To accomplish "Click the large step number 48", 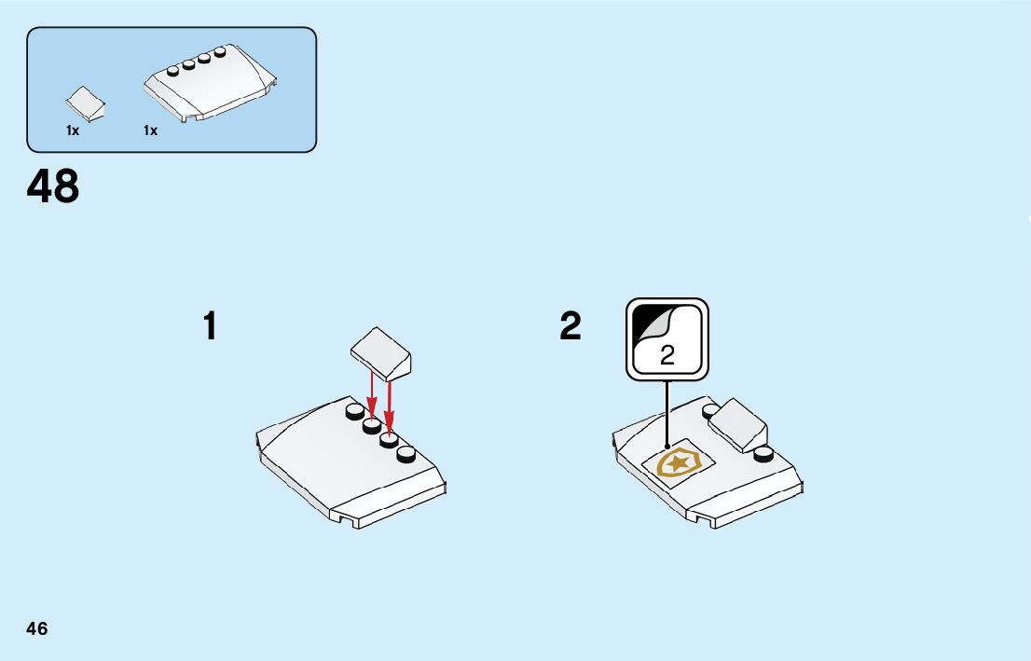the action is (x=53, y=187).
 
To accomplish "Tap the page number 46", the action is (x=37, y=628).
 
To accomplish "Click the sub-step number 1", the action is (x=211, y=326).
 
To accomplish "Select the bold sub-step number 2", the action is (x=570, y=326).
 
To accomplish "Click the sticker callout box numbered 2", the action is (x=667, y=339).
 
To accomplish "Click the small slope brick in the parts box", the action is (x=85, y=103).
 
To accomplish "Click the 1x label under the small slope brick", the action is (x=73, y=131).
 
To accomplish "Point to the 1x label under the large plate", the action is (x=150, y=131).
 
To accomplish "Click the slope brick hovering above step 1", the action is (x=381, y=351).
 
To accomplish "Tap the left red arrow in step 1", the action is (x=372, y=395).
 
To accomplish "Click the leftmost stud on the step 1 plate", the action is (x=354, y=412).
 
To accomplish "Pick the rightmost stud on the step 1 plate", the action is (x=406, y=455).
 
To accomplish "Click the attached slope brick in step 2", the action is (x=738, y=424).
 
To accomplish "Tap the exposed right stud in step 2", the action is (x=764, y=455).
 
